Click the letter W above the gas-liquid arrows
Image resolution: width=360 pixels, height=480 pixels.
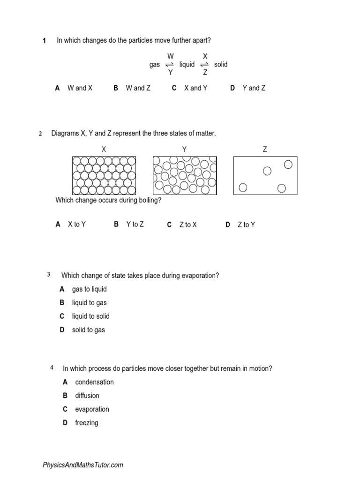tap(171, 56)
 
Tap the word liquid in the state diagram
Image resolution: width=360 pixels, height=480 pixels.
tap(187, 65)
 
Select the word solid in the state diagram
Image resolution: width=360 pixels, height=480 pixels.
tap(221, 65)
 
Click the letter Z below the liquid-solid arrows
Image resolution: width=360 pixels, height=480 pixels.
tap(205, 73)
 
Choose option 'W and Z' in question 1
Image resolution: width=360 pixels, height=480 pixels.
tap(138, 88)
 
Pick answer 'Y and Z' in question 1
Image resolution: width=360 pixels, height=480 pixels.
tap(254, 88)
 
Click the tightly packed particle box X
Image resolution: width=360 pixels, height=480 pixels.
tap(104, 175)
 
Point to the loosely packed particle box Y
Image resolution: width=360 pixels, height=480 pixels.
tap(185, 175)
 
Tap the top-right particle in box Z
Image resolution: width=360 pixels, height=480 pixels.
tap(288, 165)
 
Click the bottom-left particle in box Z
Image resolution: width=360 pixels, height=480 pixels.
tap(243, 187)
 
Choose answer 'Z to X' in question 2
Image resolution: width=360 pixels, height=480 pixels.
tap(188, 225)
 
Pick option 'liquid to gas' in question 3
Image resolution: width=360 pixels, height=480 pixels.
tap(89, 303)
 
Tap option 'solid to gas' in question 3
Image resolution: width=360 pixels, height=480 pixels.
tap(88, 330)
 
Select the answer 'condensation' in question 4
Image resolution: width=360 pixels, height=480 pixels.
tap(94, 382)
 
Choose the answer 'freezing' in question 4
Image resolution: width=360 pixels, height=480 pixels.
tap(87, 423)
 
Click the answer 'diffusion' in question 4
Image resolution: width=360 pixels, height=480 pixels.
tap(87, 396)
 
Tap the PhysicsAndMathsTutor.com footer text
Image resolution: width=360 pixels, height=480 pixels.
tap(83, 465)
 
